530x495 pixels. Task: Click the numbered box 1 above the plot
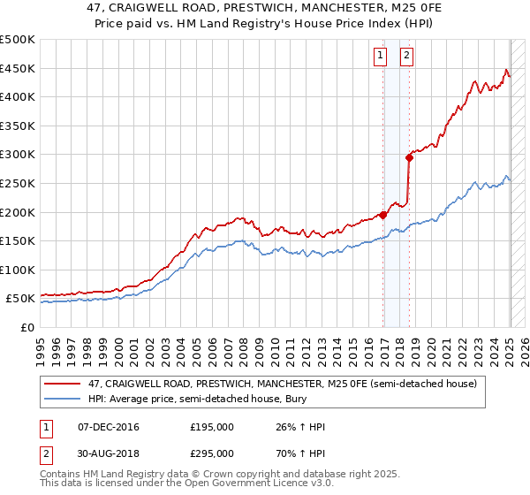point(380,55)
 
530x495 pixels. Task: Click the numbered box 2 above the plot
point(407,55)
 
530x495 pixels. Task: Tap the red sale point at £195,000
point(383,214)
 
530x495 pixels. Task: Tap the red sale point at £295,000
point(409,157)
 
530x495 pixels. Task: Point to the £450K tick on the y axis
point(19,68)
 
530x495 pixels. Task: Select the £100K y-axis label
point(19,270)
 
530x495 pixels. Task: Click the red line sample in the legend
point(62,384)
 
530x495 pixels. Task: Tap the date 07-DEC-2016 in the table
point(109,428)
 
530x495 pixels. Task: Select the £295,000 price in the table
point(212,453)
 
